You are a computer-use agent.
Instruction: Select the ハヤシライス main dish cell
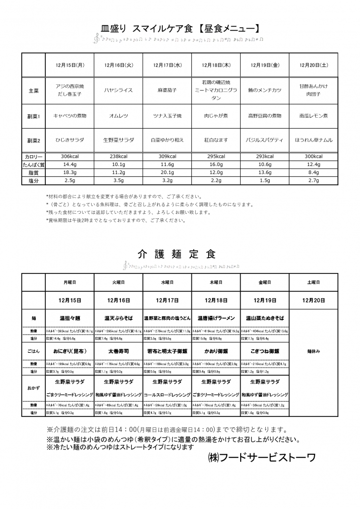pos(118,91)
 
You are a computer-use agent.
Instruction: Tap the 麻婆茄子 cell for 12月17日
pos(167,91)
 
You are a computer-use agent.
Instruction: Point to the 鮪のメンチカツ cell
pos(265,91)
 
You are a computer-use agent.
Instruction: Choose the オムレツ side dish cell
pos(118,116)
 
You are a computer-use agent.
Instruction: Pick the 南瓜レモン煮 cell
pos(313,116)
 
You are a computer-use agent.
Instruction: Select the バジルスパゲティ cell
pos(265,140)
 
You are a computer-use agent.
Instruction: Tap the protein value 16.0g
pos(216,165)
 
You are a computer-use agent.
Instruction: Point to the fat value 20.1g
pos(167,173)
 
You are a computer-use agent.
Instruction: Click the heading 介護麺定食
pos(177,254)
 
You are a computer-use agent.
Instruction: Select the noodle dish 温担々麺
pos(70,318)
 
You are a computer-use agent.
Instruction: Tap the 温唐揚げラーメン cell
pos(216,318)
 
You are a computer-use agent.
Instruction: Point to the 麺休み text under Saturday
pos(313,353)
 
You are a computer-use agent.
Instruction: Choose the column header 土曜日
pos(313,283)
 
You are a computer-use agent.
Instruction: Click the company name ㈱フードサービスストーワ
pos(262,457)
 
